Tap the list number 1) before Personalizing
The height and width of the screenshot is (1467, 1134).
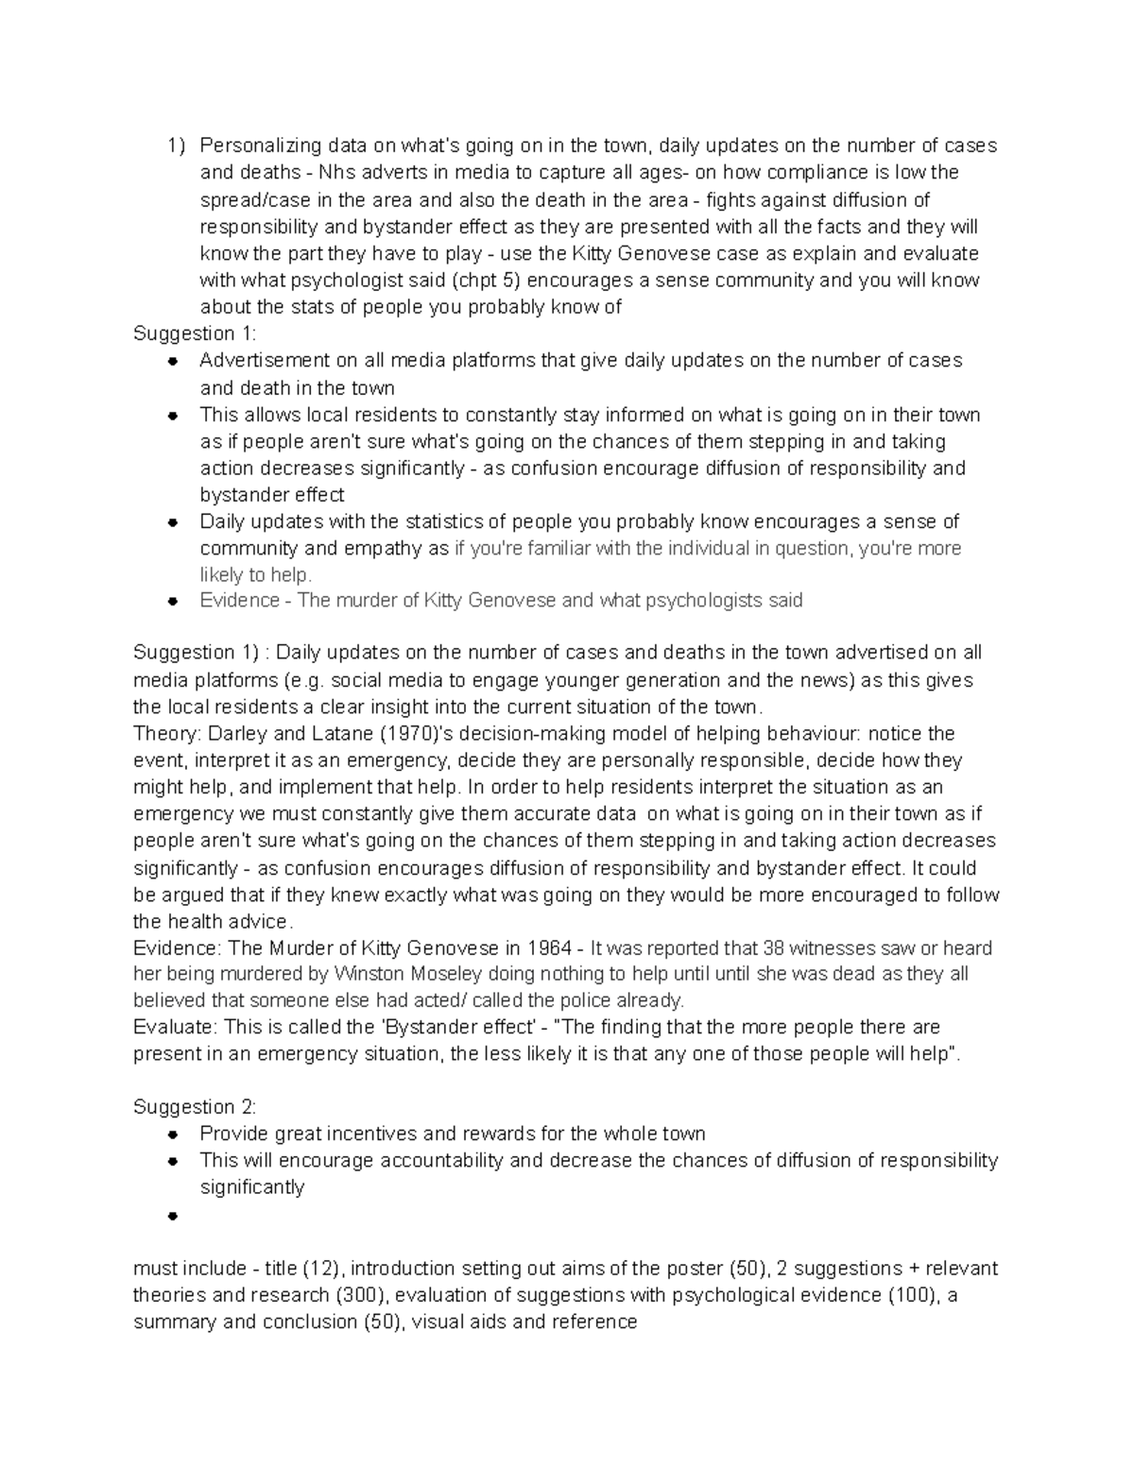pos(176,145)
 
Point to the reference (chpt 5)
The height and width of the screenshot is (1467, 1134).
pos(488,280)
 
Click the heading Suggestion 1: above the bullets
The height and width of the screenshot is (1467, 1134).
pos(195,333)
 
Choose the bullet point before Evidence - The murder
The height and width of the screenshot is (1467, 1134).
pos(173,601)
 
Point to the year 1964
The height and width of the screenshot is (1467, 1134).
pos(550,948)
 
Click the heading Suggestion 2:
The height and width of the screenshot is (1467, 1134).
pos(195,1106)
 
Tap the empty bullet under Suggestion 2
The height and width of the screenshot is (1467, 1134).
pos(173,1216)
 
